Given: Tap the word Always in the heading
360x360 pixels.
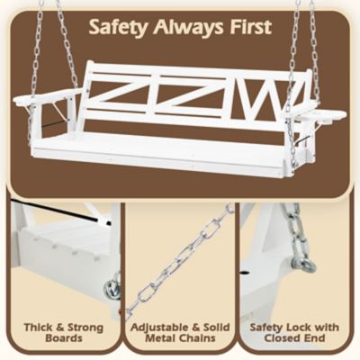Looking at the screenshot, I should tap(184, 27).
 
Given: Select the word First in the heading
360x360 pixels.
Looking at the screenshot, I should tap(249, 27).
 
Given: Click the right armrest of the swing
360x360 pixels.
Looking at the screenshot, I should tap(322, 115).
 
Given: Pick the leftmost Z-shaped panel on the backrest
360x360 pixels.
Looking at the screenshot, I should tap(115, 94).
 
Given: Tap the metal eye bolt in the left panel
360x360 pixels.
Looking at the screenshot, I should tap(112, 290).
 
